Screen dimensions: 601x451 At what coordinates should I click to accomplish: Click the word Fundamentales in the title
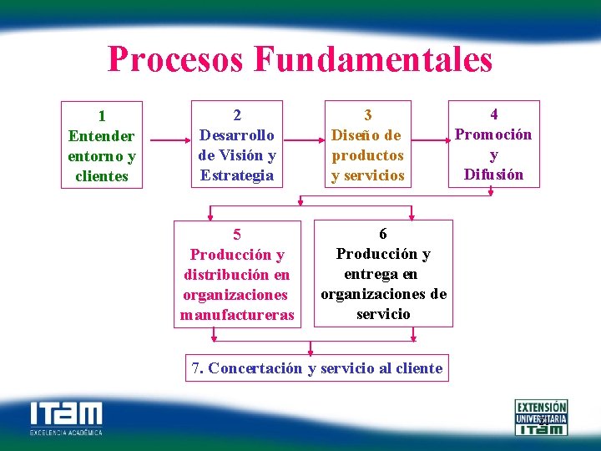[373, 60]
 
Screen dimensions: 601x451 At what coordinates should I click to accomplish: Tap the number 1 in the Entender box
[102, 116]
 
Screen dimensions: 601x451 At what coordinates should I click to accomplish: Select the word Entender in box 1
[102, 136]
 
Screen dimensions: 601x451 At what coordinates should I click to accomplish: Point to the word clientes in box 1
[102, 176]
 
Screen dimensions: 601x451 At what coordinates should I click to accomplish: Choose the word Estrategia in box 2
[237, 175]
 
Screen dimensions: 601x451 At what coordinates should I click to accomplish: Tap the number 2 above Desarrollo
[237, 114]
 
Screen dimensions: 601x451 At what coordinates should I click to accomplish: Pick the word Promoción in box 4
[493, 134]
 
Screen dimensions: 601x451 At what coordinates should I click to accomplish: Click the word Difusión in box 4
[493, 175]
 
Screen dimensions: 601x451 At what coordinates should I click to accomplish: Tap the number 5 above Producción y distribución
[237, 235]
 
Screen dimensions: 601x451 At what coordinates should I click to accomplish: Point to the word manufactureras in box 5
[237, 315]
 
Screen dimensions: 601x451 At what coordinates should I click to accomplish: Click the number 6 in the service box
[383, 234]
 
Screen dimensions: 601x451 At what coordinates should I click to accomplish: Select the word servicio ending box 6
[383, 314]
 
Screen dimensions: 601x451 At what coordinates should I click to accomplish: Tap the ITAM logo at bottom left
[66, 417]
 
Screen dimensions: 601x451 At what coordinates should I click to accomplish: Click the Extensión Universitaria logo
[541, 417]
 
